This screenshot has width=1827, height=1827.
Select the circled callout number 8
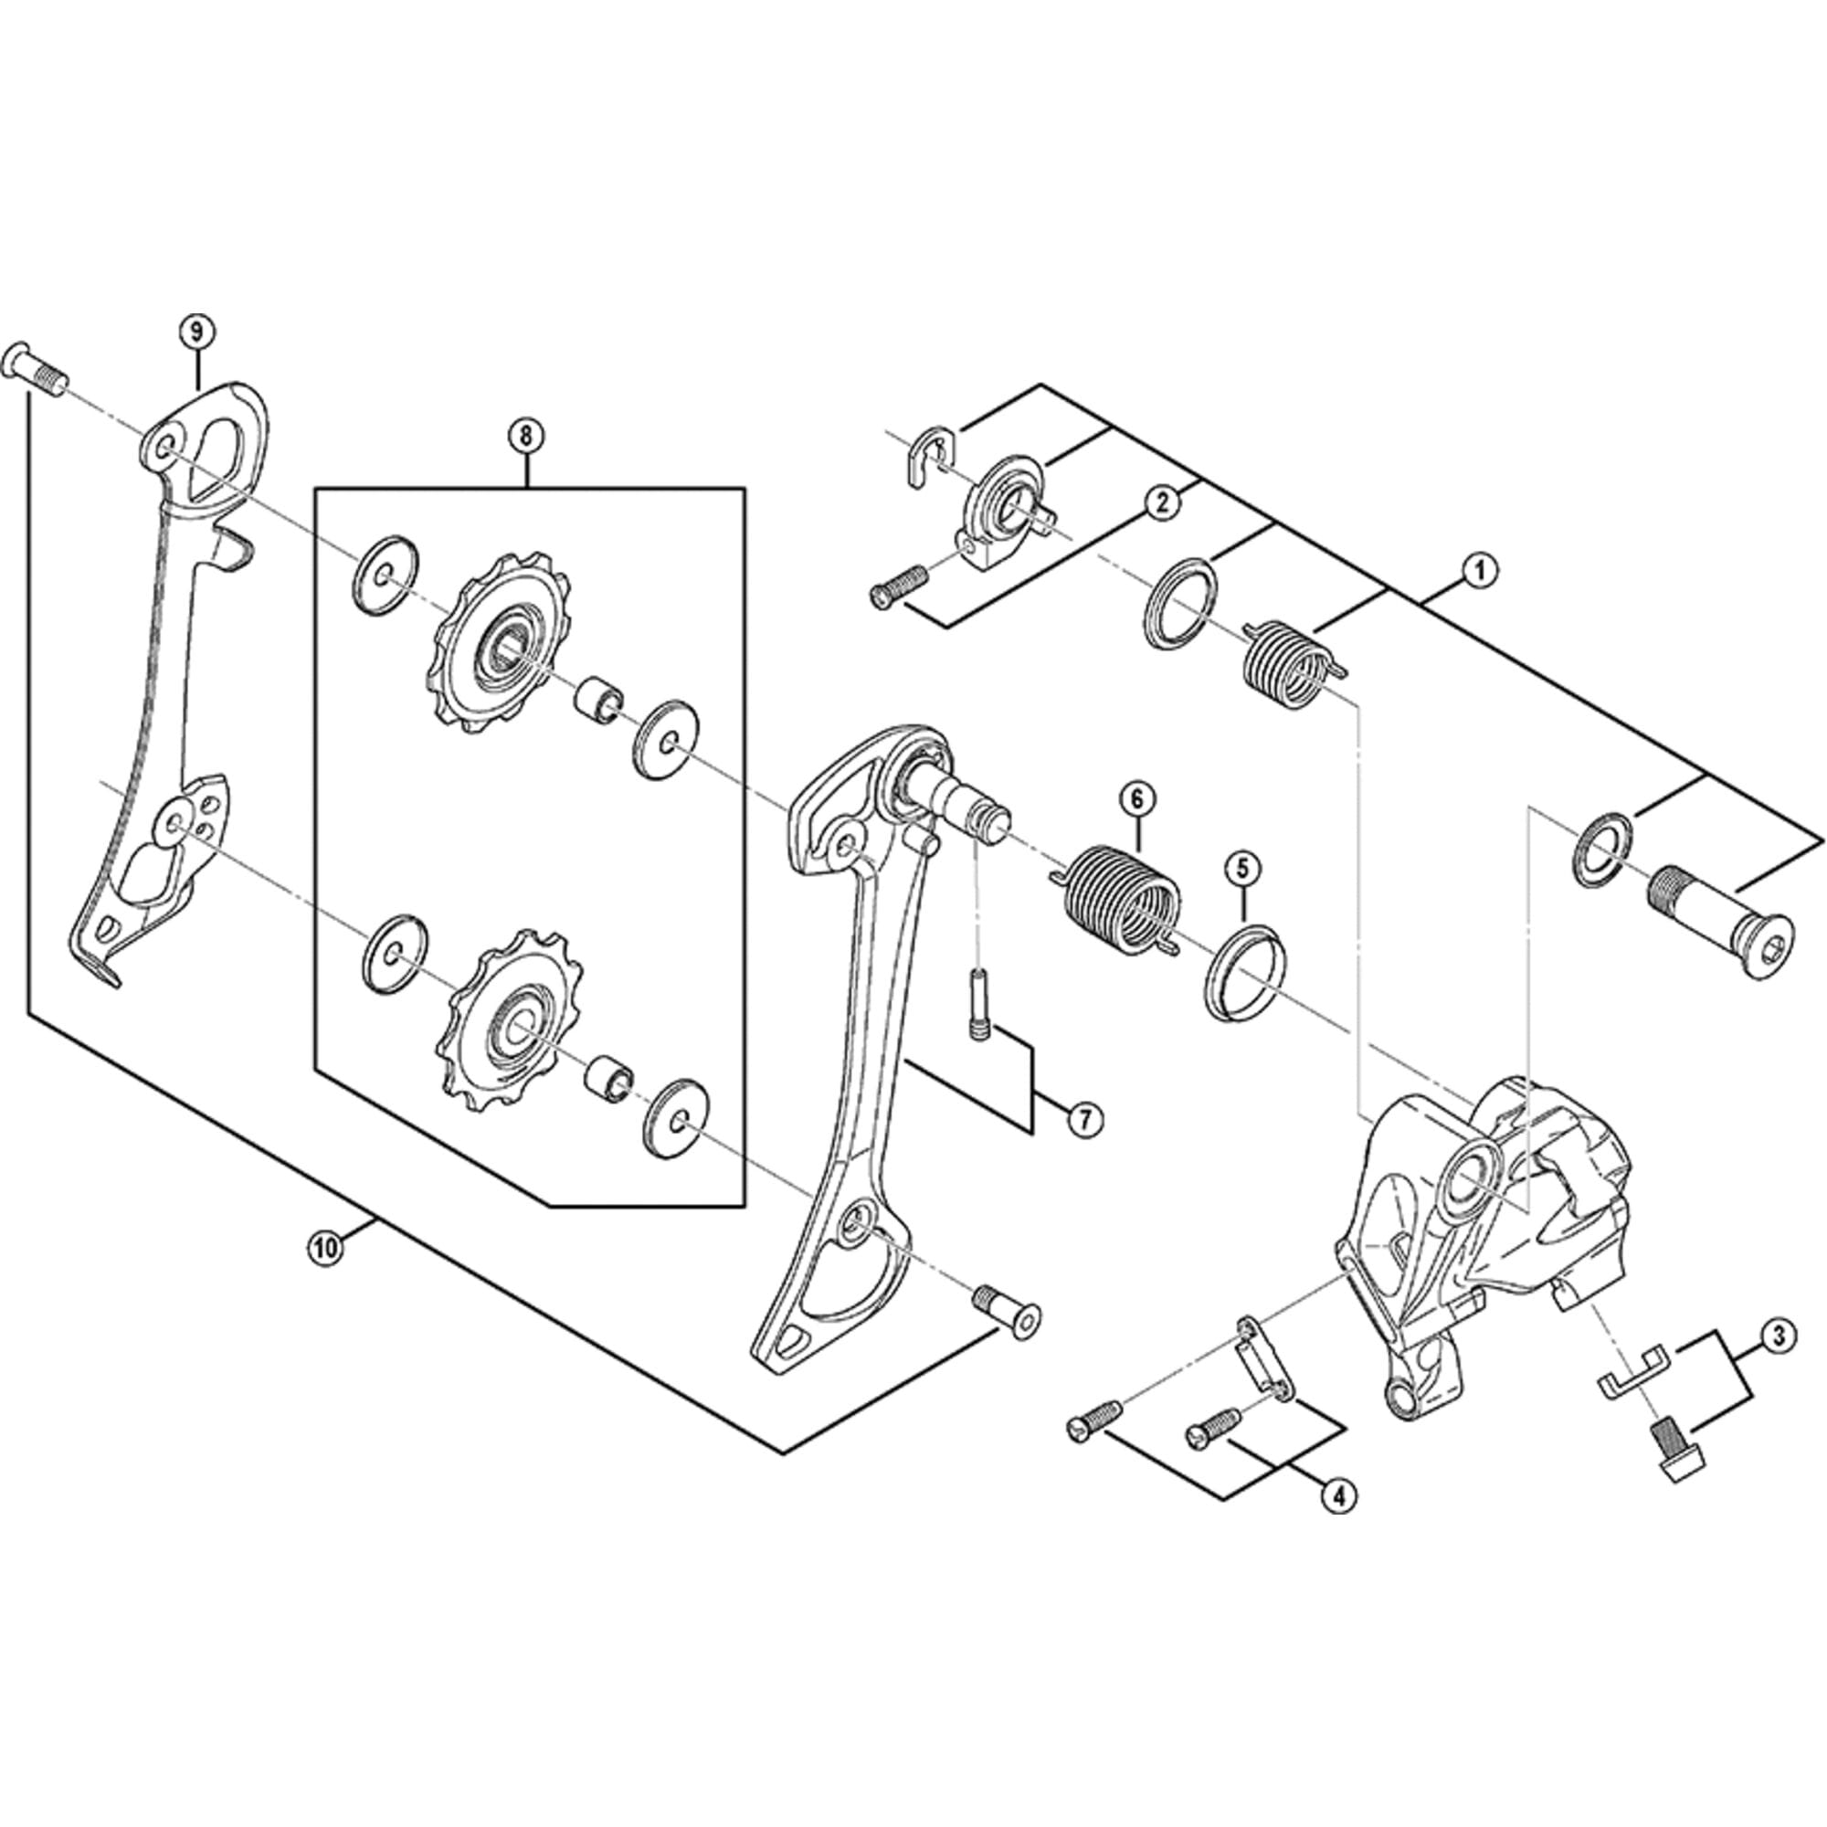click(526, 436)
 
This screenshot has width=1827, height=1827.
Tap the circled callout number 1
click(1480, 570)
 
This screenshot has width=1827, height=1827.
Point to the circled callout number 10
click(324, 1249)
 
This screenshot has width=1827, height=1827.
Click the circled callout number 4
click(1340, 1495)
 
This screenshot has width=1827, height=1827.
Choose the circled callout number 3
click(1778, 1336)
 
